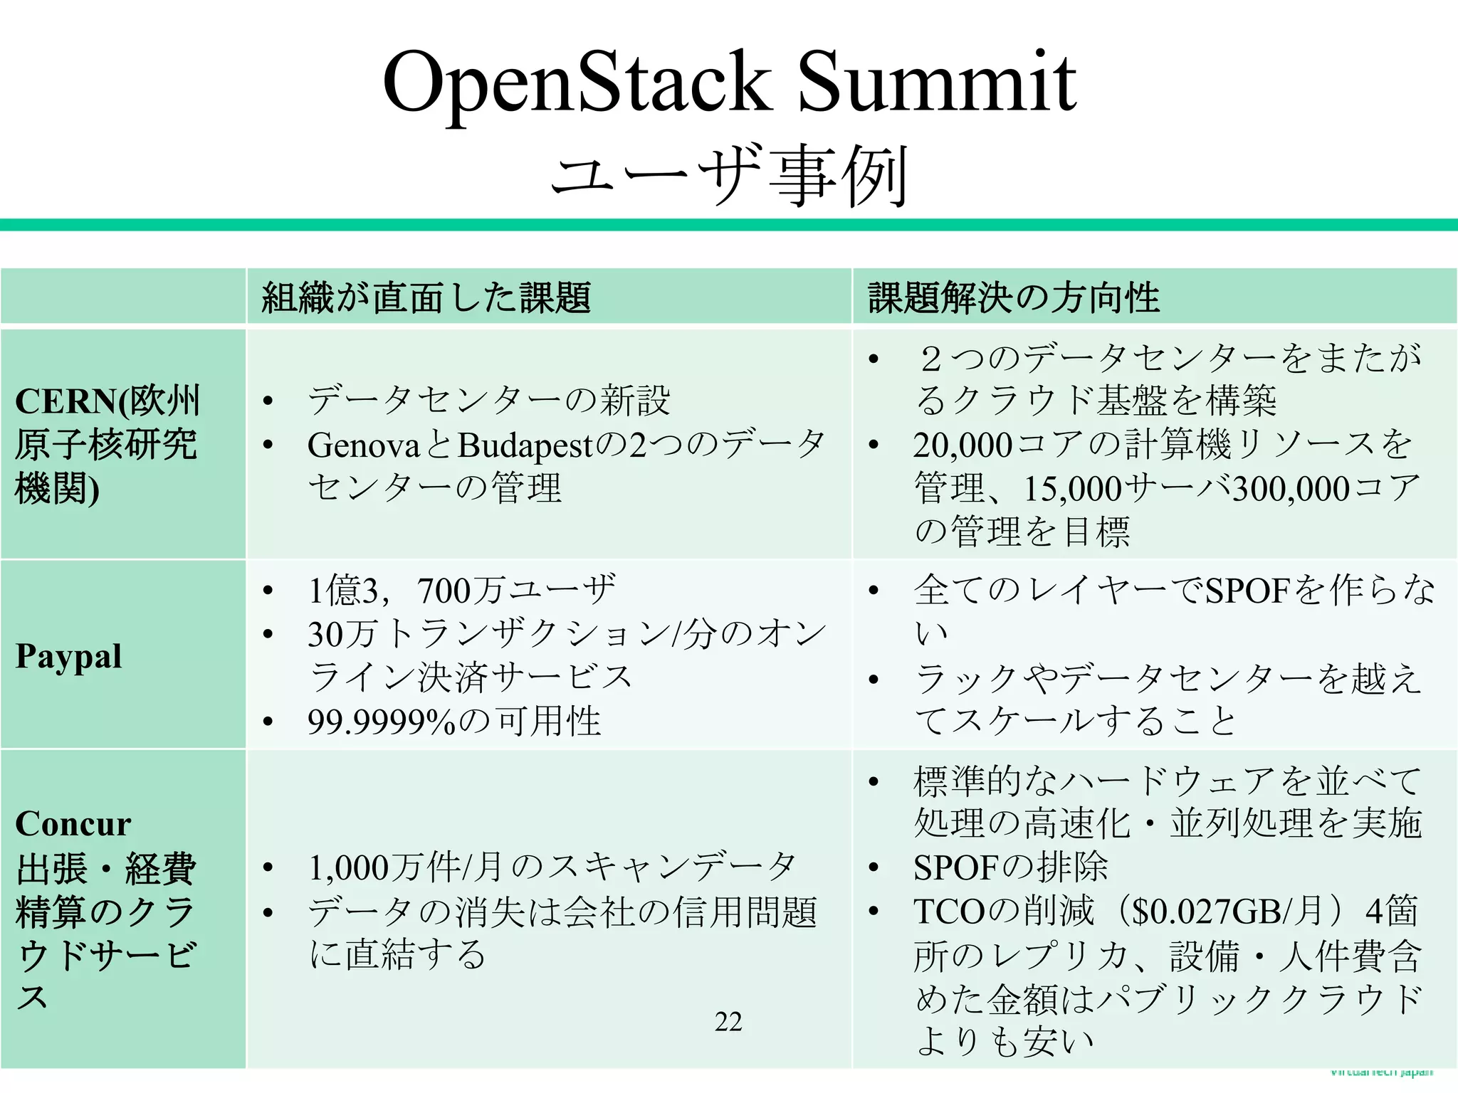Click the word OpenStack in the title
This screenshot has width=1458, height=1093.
(577, 84)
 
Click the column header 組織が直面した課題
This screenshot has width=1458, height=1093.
(426, 297)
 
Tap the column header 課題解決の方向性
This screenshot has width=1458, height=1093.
(1013, 297)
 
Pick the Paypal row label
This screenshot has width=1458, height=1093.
(68, 656)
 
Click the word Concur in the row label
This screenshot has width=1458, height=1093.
(73, 824)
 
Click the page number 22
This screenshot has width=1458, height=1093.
(728, 1022)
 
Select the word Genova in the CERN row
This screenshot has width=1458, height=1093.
(364, 446)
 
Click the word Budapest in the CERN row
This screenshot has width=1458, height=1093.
(525, 446)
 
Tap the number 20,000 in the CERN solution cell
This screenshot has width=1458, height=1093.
(963, 445)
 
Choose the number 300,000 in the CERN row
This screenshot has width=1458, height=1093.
(1291, 490)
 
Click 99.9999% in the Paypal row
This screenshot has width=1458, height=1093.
(382, 722)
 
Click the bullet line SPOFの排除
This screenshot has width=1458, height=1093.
(1011, 867)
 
